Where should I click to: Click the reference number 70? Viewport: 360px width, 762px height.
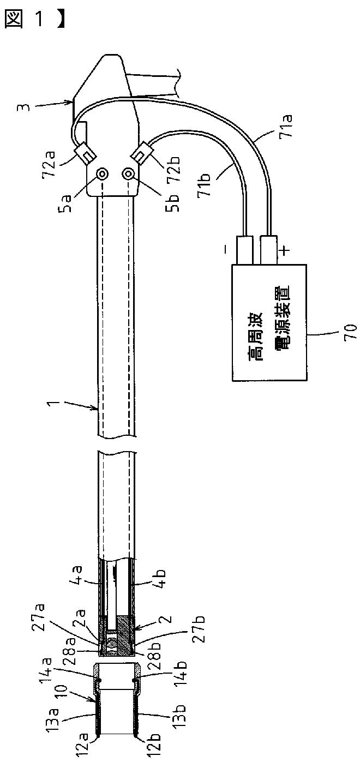350,331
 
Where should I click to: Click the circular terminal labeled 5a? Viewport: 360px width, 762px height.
102,174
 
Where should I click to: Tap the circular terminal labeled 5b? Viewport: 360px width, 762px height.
129,175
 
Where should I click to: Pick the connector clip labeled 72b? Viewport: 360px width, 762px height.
142,152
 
